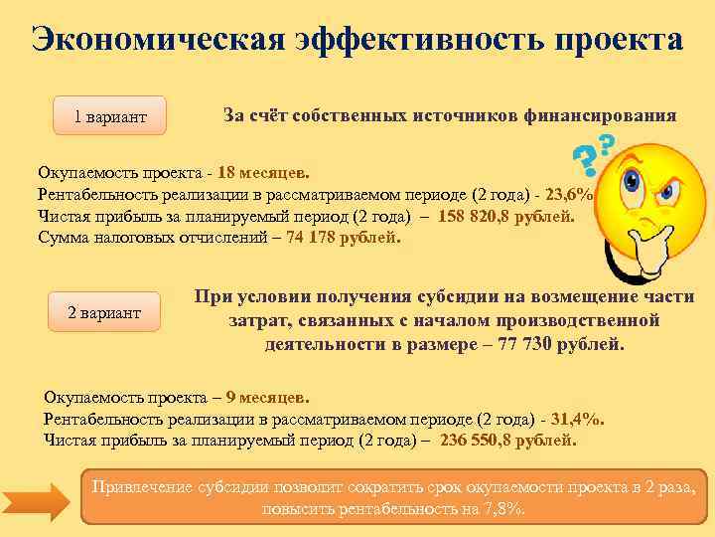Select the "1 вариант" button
(x=109, y=117)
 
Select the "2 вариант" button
(x=103, y=312)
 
